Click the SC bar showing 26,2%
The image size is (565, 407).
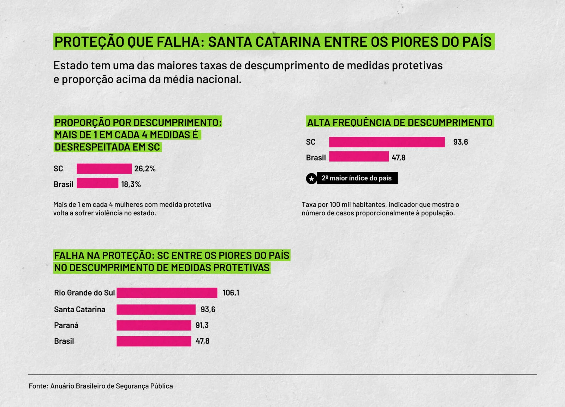pyautogui.click(x=104, y=169)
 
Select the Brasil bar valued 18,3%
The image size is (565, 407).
pyautogui.click(x=97, y=183)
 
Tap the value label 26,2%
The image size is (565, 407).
pyautogui.click(x=145, y=169)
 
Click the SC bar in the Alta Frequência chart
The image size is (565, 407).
pyautogui.click(x=387, y=142)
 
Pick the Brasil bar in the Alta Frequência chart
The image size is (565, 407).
pyautogui.click(x=359, y=157)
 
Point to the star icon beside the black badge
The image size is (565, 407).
pyautogui.click(x=311, y=179)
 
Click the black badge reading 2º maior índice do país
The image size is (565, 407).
pyautogui.click(x=357, y=178)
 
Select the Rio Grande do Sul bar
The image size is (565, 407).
pyautogui.click(x=167, y=293)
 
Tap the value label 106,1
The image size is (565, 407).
pyautogui.click(x=231, y=293)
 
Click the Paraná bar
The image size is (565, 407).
pyautogui.click(x=154, y=325)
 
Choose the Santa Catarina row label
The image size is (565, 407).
pyautogui.click(x=80, y=309)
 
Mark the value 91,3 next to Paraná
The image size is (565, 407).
pyautogui.click(x=202, y=325)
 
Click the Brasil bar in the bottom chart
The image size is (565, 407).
pyautogui.click(x=154, y=341)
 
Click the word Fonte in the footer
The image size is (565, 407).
pyautogui.click(x=38, y=386)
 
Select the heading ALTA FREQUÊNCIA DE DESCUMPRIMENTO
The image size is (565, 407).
pyautogui.click(x=400, y=122)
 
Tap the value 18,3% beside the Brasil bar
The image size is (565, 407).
pyautogui.click(x=131, y=184)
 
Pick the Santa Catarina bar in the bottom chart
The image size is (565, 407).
pyautogui.click(x=156, y=309)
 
